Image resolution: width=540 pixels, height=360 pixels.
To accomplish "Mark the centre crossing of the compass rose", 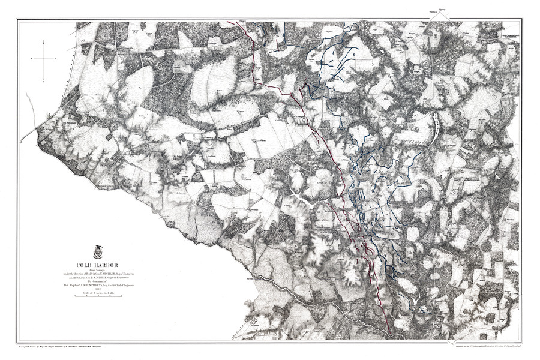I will pyautogui.click(x=47, y=58).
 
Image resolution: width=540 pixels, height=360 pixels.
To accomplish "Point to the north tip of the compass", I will pyautogui.click(x=47, y=38).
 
